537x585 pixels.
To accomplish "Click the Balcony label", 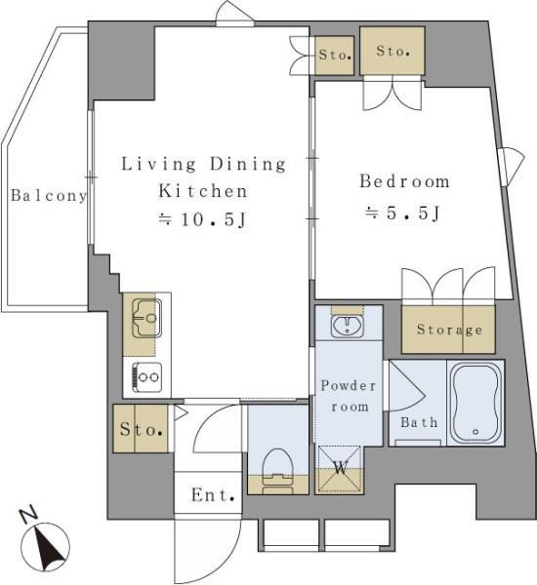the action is pyautogui.click(x=49, y=196).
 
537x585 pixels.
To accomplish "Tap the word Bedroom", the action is pyautogui.click(x=405, y=181).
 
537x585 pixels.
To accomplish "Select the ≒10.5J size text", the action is pyautogui.click(x=202, y=219).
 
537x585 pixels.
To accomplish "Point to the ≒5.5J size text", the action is pyautogui.click(x=403, y=214).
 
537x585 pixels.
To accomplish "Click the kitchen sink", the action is pyautogui.click(x=147, y=318).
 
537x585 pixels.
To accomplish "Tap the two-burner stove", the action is pyautogui.click(x=147, y=377).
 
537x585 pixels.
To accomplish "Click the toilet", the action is pyautogui.click(x=277, y=471).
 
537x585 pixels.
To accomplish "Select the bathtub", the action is pyautogui.click(x=475, y=404).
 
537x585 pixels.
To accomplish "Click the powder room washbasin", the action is pyautogui.click(x=348, y=326).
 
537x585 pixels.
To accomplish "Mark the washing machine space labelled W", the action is pyautogui.click(x=340, y=470).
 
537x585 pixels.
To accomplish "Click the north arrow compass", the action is pyautogui.click(x=45, y=547).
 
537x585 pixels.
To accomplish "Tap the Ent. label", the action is pyautogui.click(x=213, y=495).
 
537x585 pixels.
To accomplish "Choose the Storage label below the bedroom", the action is pyautogui.click(x=449, y=330).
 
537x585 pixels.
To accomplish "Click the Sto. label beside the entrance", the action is pyautogui.click(x=142, y=429).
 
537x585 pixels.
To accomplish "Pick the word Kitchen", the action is pyautogui.click(x=203, y=191).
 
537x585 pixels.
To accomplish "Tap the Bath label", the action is pyautogui.click(x=419, y=422).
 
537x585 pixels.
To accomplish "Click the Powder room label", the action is pyautogui.click(x=349, y=396).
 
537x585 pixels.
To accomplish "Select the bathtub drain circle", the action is pyautogui.click(x=475, y=432).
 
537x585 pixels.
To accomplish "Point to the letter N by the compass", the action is pyautogui.click(x=28, y=514).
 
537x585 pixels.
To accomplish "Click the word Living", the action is pyautogui.click(x=158, y=164).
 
